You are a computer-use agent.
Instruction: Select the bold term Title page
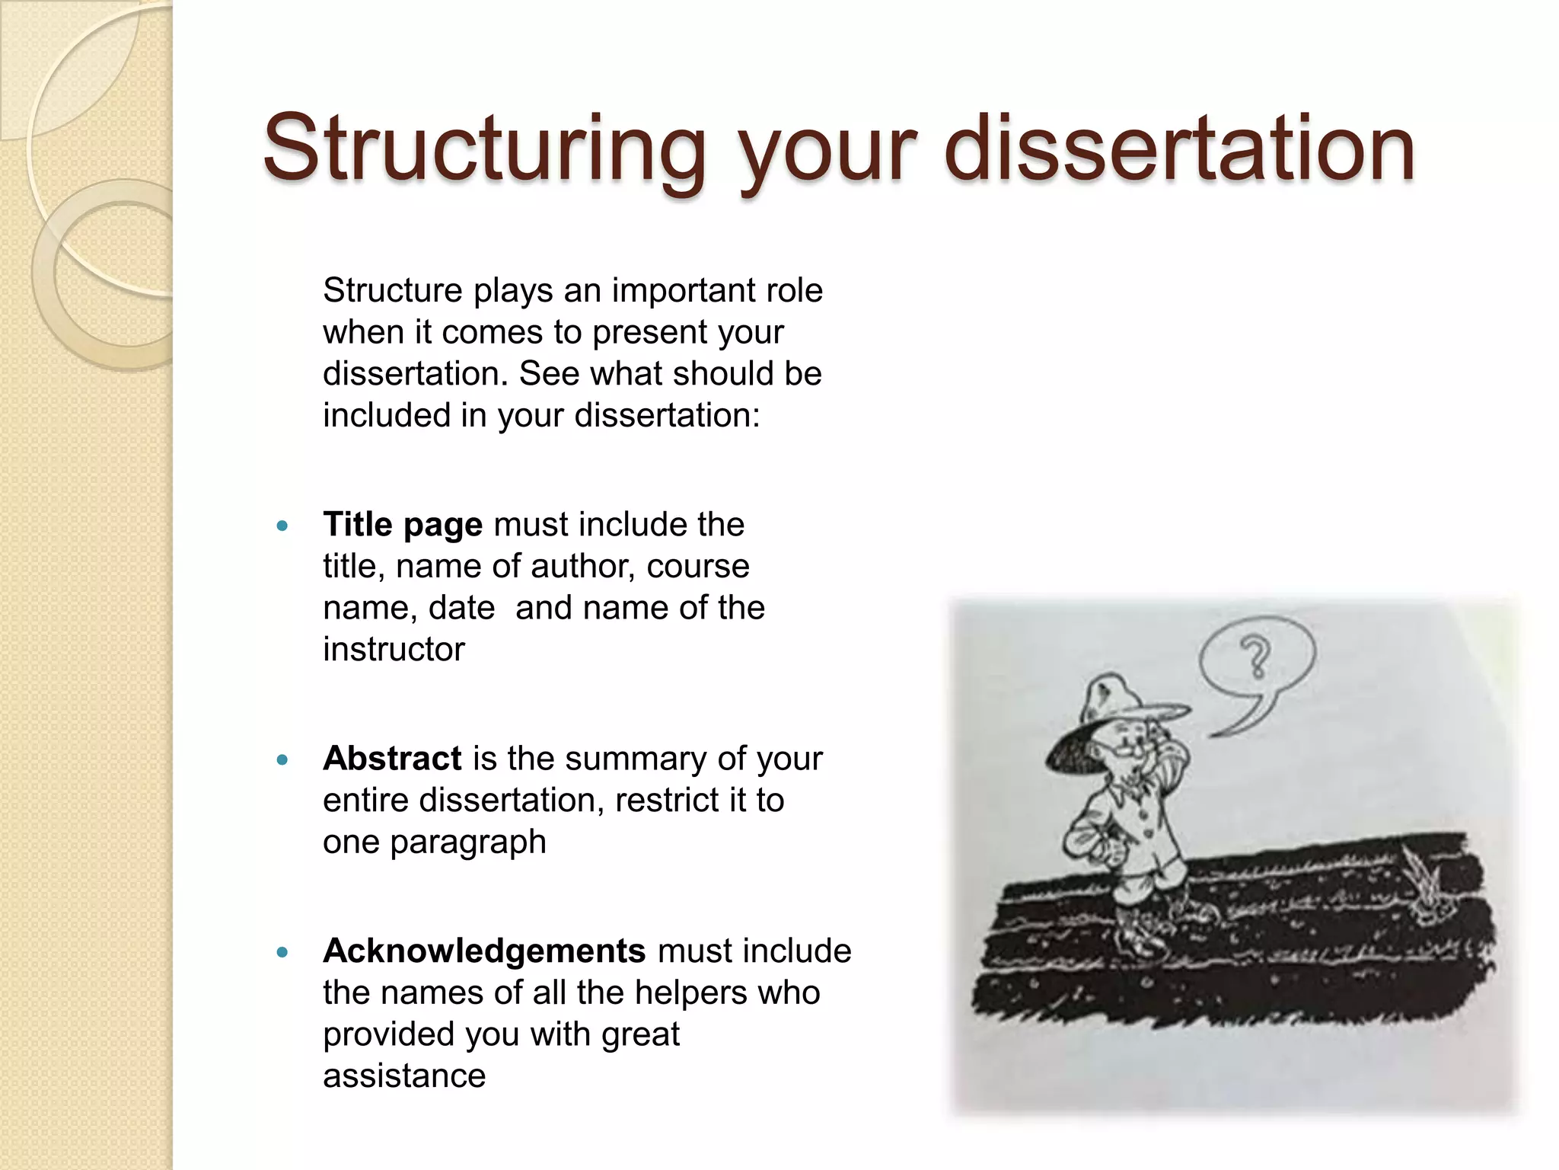tap(403, 525)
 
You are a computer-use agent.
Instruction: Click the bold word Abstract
tap(392, 759)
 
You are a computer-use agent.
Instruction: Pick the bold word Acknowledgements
tap(484, 951)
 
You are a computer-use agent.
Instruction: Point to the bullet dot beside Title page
tap(283, 526)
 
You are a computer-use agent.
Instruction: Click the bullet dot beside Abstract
tap(283, 759)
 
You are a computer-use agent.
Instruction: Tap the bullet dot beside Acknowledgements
tap(283, 952)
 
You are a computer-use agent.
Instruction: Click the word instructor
tap(394, 650)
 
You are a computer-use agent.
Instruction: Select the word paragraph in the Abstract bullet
tap(468, 842)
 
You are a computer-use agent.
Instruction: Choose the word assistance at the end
tap(404, 1076)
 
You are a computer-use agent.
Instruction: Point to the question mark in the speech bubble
tap(1256, 657)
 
